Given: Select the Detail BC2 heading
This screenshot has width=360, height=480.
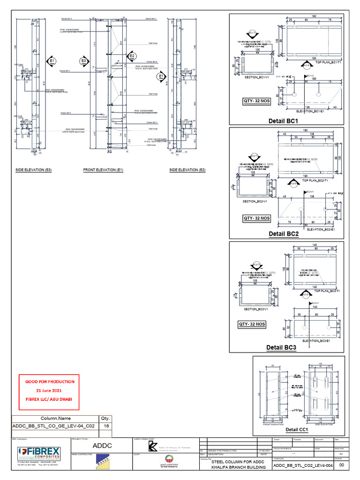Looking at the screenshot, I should [284, 233].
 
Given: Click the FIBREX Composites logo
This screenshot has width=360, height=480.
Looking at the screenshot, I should [39, 453].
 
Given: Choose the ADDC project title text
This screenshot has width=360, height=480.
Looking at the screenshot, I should [102, 445].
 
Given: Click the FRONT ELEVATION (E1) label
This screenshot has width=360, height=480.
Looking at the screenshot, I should [103, 170].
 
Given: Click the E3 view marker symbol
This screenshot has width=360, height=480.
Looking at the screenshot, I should [84, 61].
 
